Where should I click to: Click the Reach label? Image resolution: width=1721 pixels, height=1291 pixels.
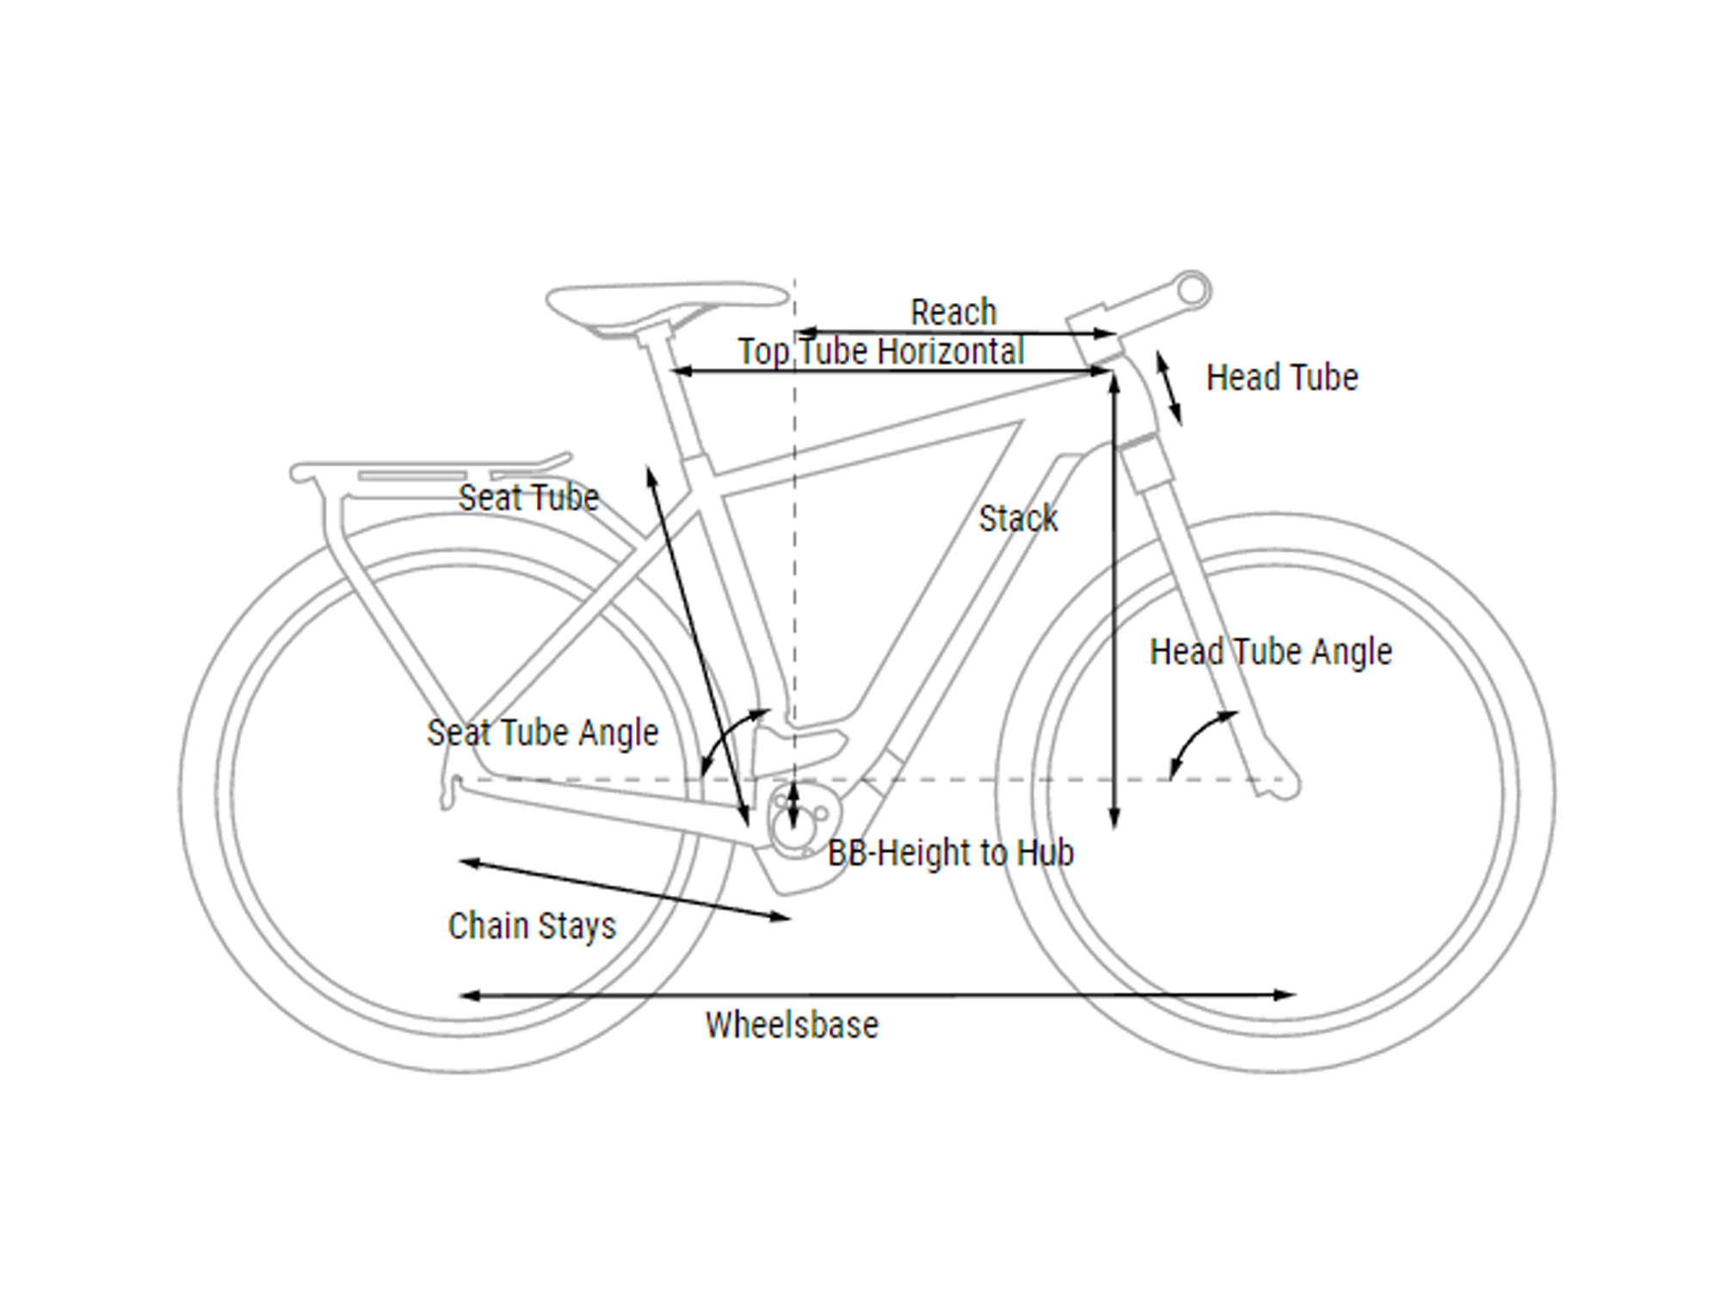[x=953, y=312]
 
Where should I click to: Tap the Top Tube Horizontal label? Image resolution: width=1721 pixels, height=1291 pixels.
[x=881, y=352]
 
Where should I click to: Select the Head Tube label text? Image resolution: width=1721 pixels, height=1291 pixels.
[x=1282, y=377]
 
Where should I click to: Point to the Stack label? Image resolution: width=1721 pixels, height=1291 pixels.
[x=1018, y=518]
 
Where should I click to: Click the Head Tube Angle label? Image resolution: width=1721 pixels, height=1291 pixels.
[x=1271, y=652]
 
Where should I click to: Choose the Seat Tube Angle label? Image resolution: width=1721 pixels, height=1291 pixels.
[x=542, y=733]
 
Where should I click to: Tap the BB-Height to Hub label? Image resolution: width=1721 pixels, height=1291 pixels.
[x=951, y=853]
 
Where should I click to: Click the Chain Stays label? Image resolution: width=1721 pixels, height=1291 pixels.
[x=532, y=927]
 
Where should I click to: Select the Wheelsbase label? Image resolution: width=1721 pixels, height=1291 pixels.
[x=792, y=1025]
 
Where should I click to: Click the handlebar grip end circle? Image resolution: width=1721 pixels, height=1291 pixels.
[x=1193, y=290]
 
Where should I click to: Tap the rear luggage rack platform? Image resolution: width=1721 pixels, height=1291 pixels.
[x=430, y=472]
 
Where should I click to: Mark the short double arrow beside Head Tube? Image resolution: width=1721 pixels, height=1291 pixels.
[x=1169, y=388]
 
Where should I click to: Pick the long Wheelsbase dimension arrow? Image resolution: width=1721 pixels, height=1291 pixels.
[x=878, y=996]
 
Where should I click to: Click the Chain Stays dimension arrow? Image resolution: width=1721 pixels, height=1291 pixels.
[x=625, y=890]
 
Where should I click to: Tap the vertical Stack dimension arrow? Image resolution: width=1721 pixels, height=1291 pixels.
[x=1114, y=601]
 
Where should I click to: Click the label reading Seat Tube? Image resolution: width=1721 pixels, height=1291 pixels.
[x=528, y=497]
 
